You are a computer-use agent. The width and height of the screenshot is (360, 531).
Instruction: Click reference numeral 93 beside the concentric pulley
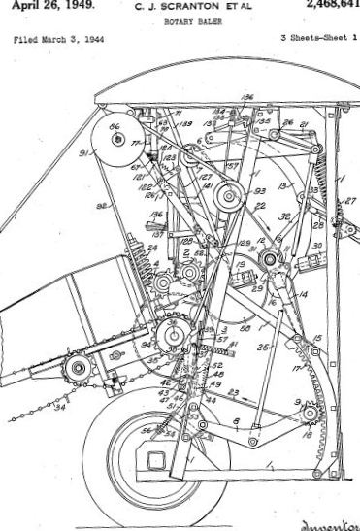[259, 193]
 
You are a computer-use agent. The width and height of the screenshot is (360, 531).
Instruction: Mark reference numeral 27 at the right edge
[350, 202]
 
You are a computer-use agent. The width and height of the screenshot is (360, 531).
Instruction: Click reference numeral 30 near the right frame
[316, 246]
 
